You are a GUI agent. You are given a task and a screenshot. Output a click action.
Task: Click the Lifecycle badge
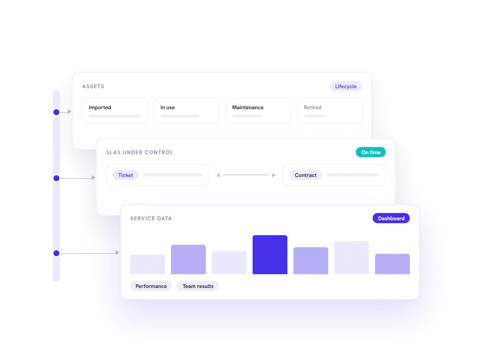click(346, 86)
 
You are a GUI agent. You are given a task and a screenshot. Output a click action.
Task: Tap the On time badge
click(370, 152)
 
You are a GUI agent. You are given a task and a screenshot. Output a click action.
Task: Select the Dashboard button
click(391, 218)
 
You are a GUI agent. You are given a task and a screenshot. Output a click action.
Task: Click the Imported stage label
click(100, 107)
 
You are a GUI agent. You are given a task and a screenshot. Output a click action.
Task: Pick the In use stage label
click(167, 107)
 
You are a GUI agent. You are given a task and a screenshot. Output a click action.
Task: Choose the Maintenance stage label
click(247, 107)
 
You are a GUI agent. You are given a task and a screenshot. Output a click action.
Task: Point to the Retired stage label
click(312, 107)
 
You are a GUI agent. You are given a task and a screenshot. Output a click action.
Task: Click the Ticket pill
click(125, 175)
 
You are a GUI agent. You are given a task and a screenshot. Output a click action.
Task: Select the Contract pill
click(305, 175)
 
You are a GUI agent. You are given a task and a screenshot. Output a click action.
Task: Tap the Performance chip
click(151, 286)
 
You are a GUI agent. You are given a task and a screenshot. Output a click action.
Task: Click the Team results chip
click(198, 286)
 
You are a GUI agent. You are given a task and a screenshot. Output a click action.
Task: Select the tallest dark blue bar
click(270, 255)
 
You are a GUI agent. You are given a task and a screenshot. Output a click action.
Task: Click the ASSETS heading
click(93, 86)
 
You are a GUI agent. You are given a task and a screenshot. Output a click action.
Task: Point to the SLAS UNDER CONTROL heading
click(139, 152)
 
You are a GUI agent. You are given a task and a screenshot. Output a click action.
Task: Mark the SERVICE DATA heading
click(151, 218)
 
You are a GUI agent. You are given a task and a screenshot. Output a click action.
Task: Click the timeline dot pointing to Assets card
click(56, 112)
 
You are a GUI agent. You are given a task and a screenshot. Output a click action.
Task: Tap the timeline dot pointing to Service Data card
click(56, 253)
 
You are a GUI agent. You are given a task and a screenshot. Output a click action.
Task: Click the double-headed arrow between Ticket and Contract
click(246, 175)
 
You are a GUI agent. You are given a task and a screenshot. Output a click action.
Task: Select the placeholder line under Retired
click(314, 116)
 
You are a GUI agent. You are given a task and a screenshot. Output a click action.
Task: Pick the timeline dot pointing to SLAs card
click(56, 178)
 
